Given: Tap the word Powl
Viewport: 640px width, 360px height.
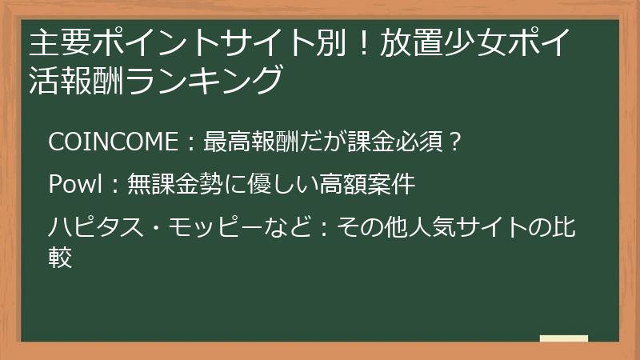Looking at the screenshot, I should click(73, 186).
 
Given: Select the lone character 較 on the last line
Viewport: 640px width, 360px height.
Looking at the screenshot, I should click(61, 258).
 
